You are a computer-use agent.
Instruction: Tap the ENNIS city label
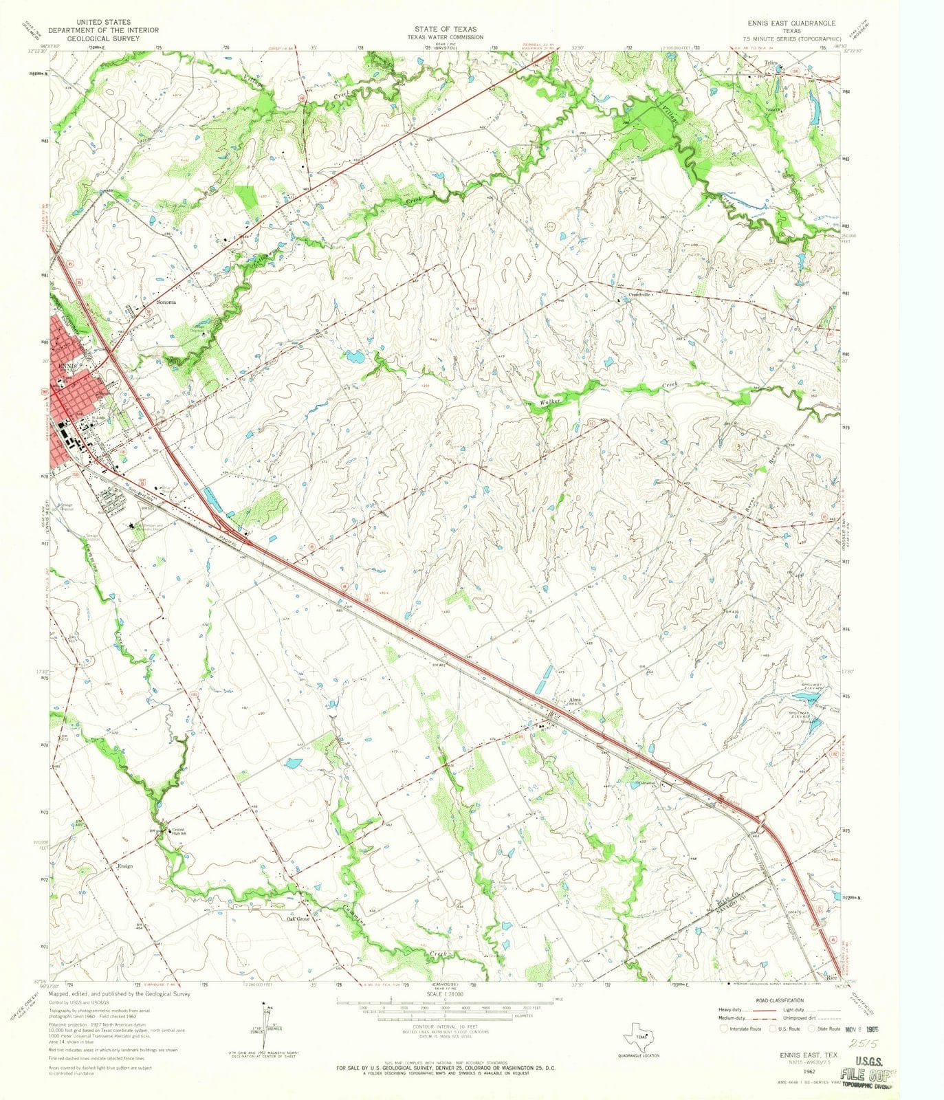point(67,366)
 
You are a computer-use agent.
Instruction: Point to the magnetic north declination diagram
point(265,1024)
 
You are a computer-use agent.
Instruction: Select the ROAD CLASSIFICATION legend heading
point(780,1000)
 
